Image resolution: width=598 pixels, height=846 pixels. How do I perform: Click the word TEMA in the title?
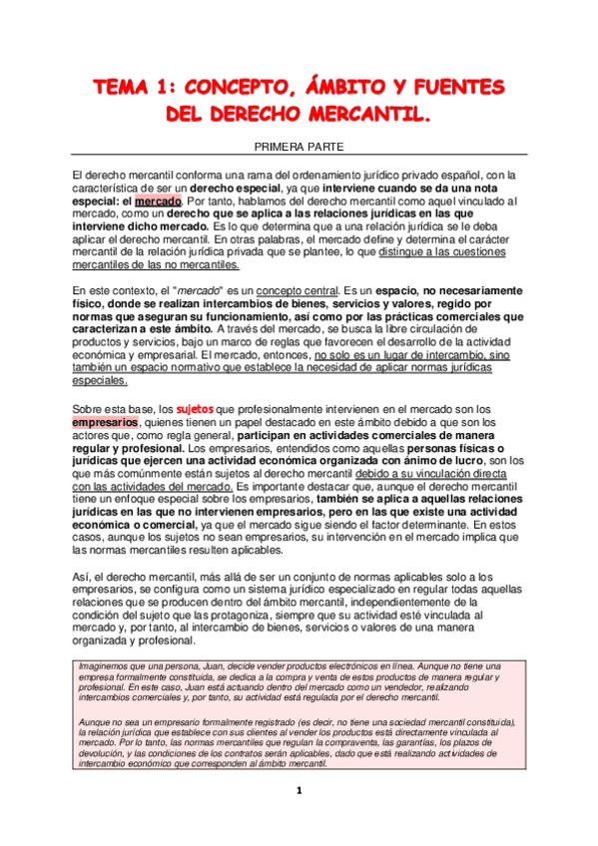pos(122,88)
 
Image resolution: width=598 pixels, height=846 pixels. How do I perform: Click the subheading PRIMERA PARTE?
pos(299,147)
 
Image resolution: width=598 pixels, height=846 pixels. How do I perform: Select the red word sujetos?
pos(194,408)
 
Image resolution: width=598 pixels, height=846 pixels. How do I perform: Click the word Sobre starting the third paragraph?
pos(92,408)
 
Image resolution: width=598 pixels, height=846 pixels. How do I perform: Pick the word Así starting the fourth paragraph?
pos(84,576)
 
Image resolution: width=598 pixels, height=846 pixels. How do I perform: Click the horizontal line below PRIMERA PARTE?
pos(299,157)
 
